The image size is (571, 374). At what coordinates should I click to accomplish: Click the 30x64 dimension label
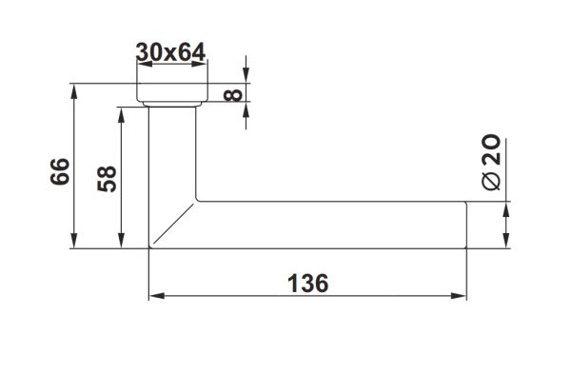[x=171, y=52]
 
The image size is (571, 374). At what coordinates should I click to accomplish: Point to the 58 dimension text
[x=107, y=178]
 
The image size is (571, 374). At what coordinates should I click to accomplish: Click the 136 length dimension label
[x=307, y=283]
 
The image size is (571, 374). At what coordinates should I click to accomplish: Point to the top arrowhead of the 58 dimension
[x=121, y=111]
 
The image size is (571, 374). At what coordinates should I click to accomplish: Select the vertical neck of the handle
[x=172, y=152]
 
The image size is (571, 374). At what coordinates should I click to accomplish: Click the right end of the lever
[x=466, y=225]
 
